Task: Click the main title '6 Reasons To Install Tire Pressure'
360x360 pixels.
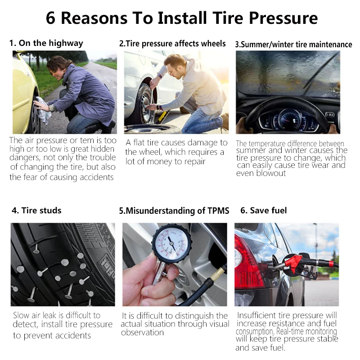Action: tap(182, 18)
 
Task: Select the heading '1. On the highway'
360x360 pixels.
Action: tap(46, 43)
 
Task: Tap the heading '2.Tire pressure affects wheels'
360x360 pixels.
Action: tap(172, 44)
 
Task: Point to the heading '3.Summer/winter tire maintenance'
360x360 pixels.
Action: tap(293, 45)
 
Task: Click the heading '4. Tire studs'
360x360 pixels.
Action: tap(36, 210)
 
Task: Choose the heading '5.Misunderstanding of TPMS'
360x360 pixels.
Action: tap(174, 211)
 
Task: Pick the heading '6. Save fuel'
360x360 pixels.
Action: tap(263, 210)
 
